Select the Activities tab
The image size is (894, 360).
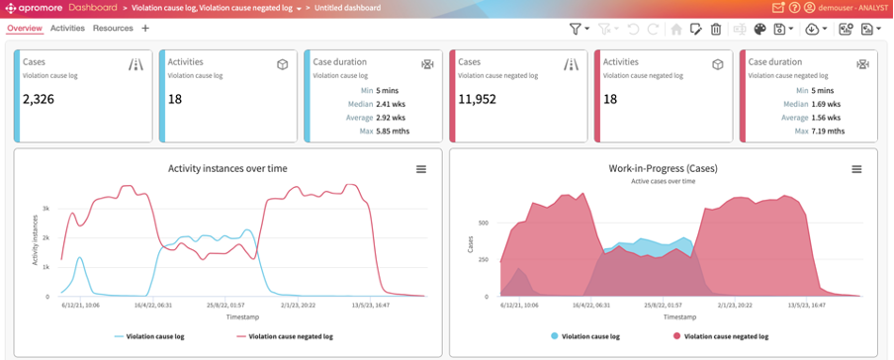[x=67, y=29]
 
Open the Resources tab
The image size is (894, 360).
[x=113, y=29]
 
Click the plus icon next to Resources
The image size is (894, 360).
[x=145, y=29]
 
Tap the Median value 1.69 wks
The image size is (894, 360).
[x=825, y=103]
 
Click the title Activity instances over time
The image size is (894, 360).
[x=227, y=169]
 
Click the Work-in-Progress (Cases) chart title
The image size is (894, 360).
[x=663, y=169]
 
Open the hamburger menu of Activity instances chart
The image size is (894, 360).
[x=421, y=169]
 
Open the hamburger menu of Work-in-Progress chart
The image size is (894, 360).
[x=857, y=169]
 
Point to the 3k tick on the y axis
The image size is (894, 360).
[x=45, y=210]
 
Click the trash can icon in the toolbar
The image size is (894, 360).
[x=716, y=30]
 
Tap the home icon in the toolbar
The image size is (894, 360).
[x=676, y=30]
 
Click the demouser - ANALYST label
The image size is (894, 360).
[x=852, y=8]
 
